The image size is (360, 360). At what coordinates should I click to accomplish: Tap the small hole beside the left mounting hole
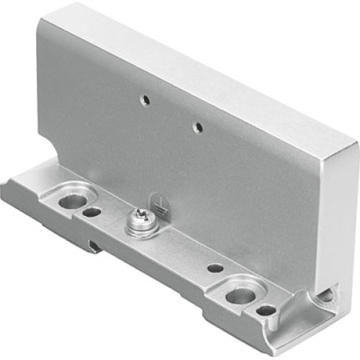(90, 212)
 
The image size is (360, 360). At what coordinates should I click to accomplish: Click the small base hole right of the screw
(215, 267)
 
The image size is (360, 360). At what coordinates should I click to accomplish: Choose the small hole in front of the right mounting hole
(266, 311)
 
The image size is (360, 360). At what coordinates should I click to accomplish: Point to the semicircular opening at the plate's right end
(326, 296)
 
